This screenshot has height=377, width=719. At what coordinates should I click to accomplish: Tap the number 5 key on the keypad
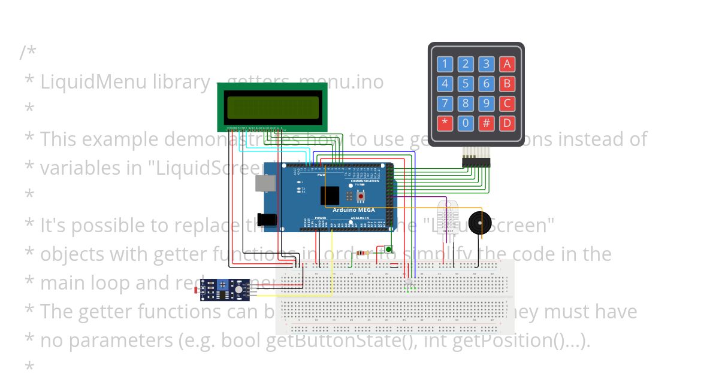coord(466,84)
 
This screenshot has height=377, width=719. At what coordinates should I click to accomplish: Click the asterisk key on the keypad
coord(445,123)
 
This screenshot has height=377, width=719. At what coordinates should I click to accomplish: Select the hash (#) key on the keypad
coord(487,123)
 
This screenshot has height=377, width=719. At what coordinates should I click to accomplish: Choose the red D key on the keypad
coord(507,123)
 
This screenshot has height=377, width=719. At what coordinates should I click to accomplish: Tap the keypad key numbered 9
coord(487,104)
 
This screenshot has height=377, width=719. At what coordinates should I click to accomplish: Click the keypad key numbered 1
coord(445,64)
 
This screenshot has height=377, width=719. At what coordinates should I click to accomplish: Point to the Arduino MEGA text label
coord(354,210)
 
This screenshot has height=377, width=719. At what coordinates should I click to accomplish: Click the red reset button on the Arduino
coord(361,196)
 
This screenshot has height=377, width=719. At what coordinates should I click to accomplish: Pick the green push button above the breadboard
coord(388,249)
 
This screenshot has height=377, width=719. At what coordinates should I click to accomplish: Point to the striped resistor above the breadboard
coord(362,253)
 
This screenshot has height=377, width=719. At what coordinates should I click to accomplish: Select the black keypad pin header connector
coord(476,162)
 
